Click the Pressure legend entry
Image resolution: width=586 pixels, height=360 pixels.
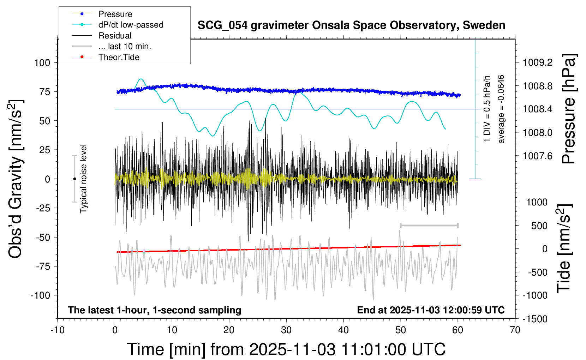click(x=115, y=14)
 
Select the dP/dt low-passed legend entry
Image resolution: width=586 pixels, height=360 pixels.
click(x=131, y=25)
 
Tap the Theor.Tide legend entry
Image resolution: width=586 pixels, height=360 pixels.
click(x=119, y=57)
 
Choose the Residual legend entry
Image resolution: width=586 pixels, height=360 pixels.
click(x=115, y=36)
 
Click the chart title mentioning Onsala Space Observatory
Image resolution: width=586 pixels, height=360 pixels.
click(x=351, y=25)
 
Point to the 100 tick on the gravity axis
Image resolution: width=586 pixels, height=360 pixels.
click(x=42, y=63)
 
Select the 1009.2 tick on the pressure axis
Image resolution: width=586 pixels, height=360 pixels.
click(x=538, y=62)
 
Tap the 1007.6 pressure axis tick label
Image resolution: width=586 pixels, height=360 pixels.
click(x=538, y=156)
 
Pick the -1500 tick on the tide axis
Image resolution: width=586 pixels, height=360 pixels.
click(x=535, y=319)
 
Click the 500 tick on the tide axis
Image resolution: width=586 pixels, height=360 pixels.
click(x=539, y=226)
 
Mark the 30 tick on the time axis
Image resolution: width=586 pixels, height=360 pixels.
click(x=286, y=330)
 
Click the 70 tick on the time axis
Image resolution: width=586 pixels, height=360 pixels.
click(x=515, y=330)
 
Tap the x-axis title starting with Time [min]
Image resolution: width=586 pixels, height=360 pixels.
click(x=286, y=349)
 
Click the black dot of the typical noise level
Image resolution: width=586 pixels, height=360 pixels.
click(x=74, y=179)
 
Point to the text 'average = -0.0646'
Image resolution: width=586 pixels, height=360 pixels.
click(x=501, y=109)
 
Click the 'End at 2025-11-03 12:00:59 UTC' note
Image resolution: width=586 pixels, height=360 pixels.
click(x=431, y=310)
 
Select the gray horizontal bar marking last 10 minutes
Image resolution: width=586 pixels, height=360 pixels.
click(x=429, y=225)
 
